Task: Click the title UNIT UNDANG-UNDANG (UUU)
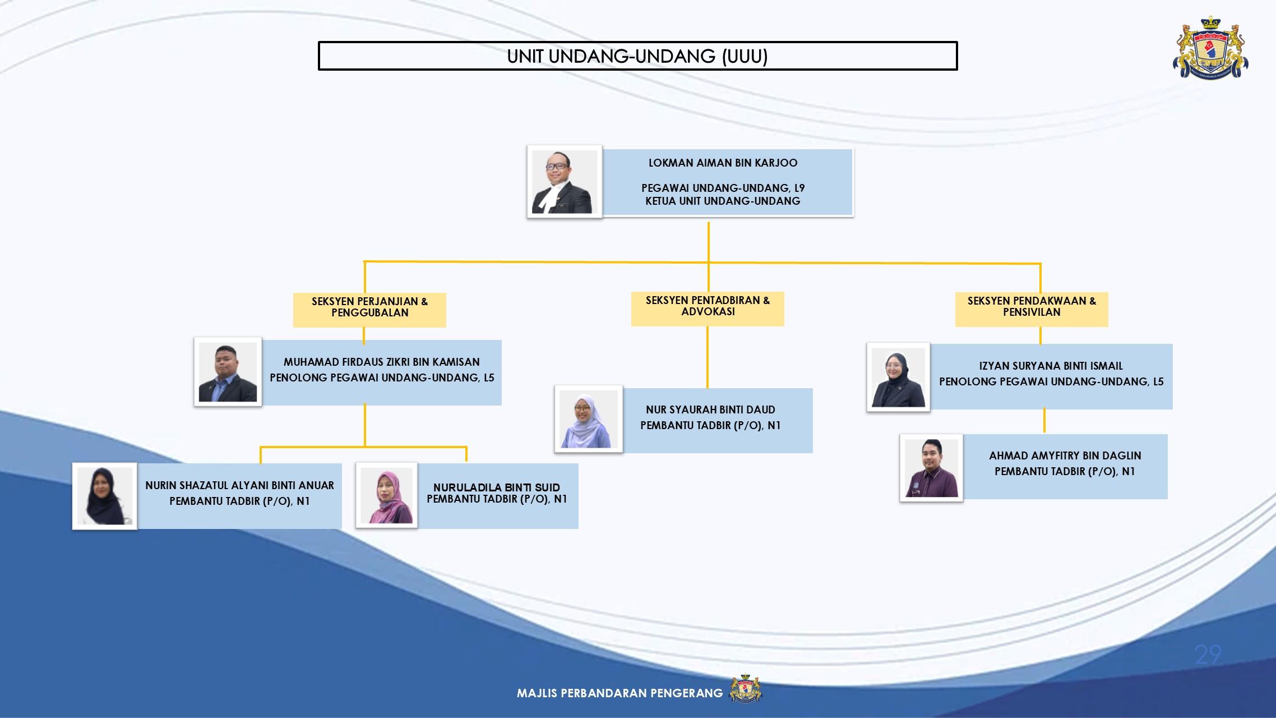tap(637, 56)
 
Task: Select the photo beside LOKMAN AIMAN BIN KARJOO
tap(565, 182)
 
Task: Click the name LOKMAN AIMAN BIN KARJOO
tap(723, 163)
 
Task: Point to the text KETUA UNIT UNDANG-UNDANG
tap(723, 201)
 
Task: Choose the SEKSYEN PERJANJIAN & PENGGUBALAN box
tap(369, 310)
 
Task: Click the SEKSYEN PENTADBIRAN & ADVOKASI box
tap(708, 309)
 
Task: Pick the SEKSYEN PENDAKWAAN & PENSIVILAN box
tap(1032, 309)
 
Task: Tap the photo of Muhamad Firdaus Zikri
tap(228, 372)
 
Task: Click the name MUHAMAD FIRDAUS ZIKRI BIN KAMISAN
tap(382, 362)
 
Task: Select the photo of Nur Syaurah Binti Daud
tap(589, 419)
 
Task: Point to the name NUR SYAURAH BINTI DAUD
tap(710, 409)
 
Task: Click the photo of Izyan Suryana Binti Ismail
tap(898, 377)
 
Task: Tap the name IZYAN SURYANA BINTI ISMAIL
tap(1051, 366)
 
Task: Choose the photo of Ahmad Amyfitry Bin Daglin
tap(931, 468)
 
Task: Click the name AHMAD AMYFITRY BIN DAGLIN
tap(1065, 455)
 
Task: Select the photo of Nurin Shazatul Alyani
tap(105, 496)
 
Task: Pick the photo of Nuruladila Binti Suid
tap(386, 495)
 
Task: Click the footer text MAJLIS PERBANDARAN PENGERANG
tap(619, 693)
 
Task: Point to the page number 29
tap(1208, 655)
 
